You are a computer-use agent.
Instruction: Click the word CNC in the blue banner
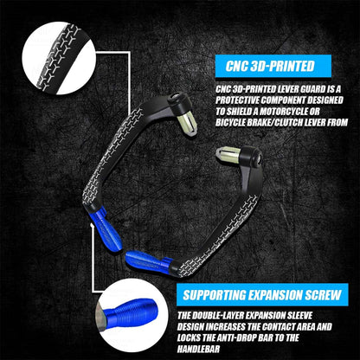tap(236, 66)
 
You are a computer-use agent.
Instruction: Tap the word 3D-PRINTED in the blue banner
tap(282, 66)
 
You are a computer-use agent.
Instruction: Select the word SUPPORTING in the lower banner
tap(215, 295)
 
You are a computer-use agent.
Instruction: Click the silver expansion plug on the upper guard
tap(187, 125)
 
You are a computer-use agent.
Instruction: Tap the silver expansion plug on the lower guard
tap(228, 154)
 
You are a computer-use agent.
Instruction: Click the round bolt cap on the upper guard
tap(175, 97)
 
